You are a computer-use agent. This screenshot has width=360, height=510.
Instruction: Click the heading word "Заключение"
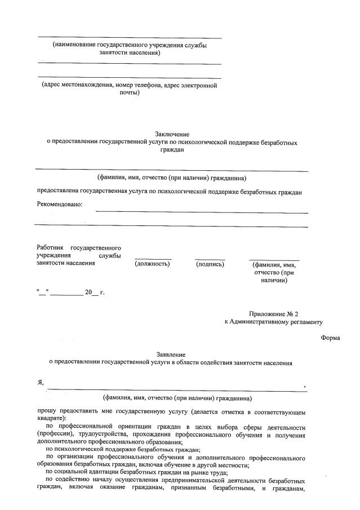coord(172,134)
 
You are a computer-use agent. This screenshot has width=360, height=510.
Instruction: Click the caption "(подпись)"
coord(210,264)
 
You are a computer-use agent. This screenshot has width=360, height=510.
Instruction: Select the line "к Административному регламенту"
coord(273,322)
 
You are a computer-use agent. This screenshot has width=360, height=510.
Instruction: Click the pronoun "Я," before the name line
coord(41,383)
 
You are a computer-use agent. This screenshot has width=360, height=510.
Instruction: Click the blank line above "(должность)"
coord(152,259)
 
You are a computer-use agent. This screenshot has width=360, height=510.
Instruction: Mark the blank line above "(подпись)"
coord(210,259)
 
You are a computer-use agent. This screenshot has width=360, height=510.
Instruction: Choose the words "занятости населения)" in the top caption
coord(130,52)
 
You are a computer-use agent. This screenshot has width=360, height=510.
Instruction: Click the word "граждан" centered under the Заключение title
coord(172,150)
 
